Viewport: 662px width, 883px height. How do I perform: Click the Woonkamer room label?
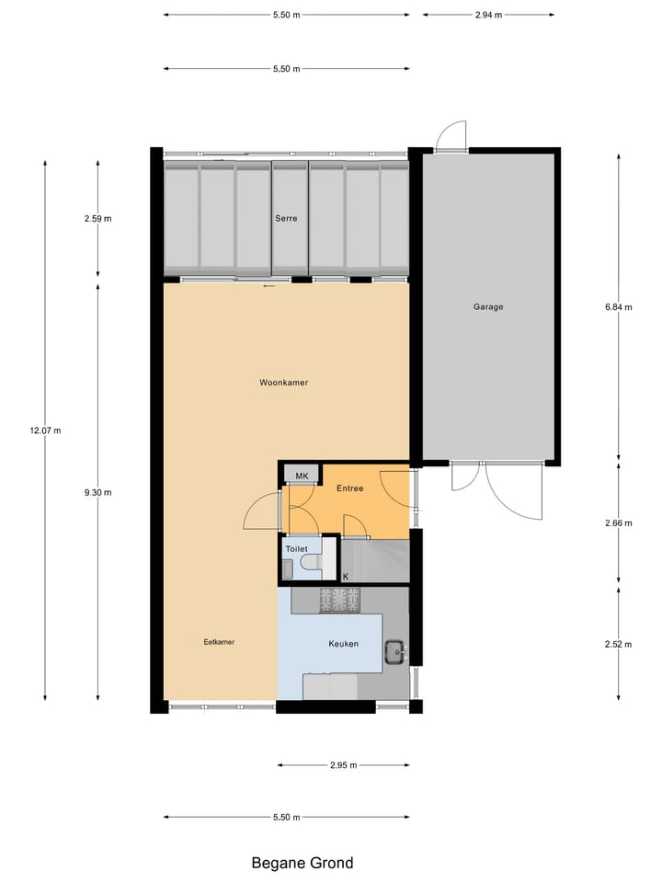[283, 383]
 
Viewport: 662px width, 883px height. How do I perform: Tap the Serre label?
[285, 219]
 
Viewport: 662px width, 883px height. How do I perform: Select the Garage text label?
[488, 307]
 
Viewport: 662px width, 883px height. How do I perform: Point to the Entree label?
[349, 488]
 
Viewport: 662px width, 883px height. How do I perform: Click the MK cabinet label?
[301, 475]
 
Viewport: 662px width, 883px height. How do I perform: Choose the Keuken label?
[343, 645]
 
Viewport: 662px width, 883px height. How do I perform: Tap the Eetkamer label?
[219, 642]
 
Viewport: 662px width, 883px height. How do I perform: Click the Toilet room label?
[296, 548]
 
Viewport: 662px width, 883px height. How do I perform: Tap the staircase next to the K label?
[375, 559]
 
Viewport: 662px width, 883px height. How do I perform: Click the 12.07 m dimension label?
[45, 430]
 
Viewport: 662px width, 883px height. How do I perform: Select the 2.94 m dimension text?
[488, 15]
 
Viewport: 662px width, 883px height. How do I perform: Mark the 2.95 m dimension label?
[343, 765]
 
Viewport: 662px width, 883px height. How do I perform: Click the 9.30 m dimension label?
[97, 492]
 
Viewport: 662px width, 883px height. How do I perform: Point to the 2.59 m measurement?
[97, 219]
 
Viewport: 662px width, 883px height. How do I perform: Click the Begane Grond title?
[302, 863]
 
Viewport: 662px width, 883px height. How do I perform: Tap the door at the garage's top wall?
[451, 138]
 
